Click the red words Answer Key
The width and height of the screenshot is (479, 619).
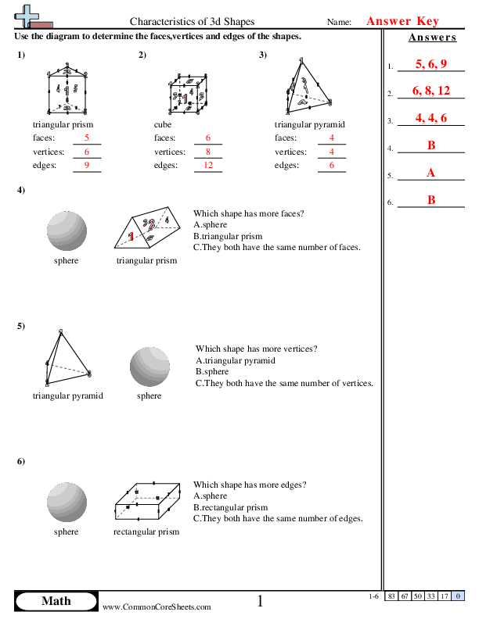tap(402, 21)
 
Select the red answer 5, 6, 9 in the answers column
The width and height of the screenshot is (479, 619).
tap(431, 64)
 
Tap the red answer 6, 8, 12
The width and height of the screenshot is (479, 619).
tap(431, 91)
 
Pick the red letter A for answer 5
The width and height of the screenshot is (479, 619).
tap(430, 173)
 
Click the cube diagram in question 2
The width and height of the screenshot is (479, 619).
tap(188, 95)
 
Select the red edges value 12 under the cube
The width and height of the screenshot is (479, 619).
tap(208, 166)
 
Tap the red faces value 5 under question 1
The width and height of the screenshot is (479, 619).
tap(87, 138)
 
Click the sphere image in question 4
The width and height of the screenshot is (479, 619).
tap(67, 230)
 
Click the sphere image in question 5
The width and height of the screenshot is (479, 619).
tap(149, 367)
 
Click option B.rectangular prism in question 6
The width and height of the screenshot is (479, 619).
tap(233, 507)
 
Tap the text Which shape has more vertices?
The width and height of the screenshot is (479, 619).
tap(256, 349)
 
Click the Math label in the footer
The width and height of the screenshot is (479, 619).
tap(56, 600)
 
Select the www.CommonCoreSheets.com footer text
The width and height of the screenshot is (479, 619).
tap(157, 606)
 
